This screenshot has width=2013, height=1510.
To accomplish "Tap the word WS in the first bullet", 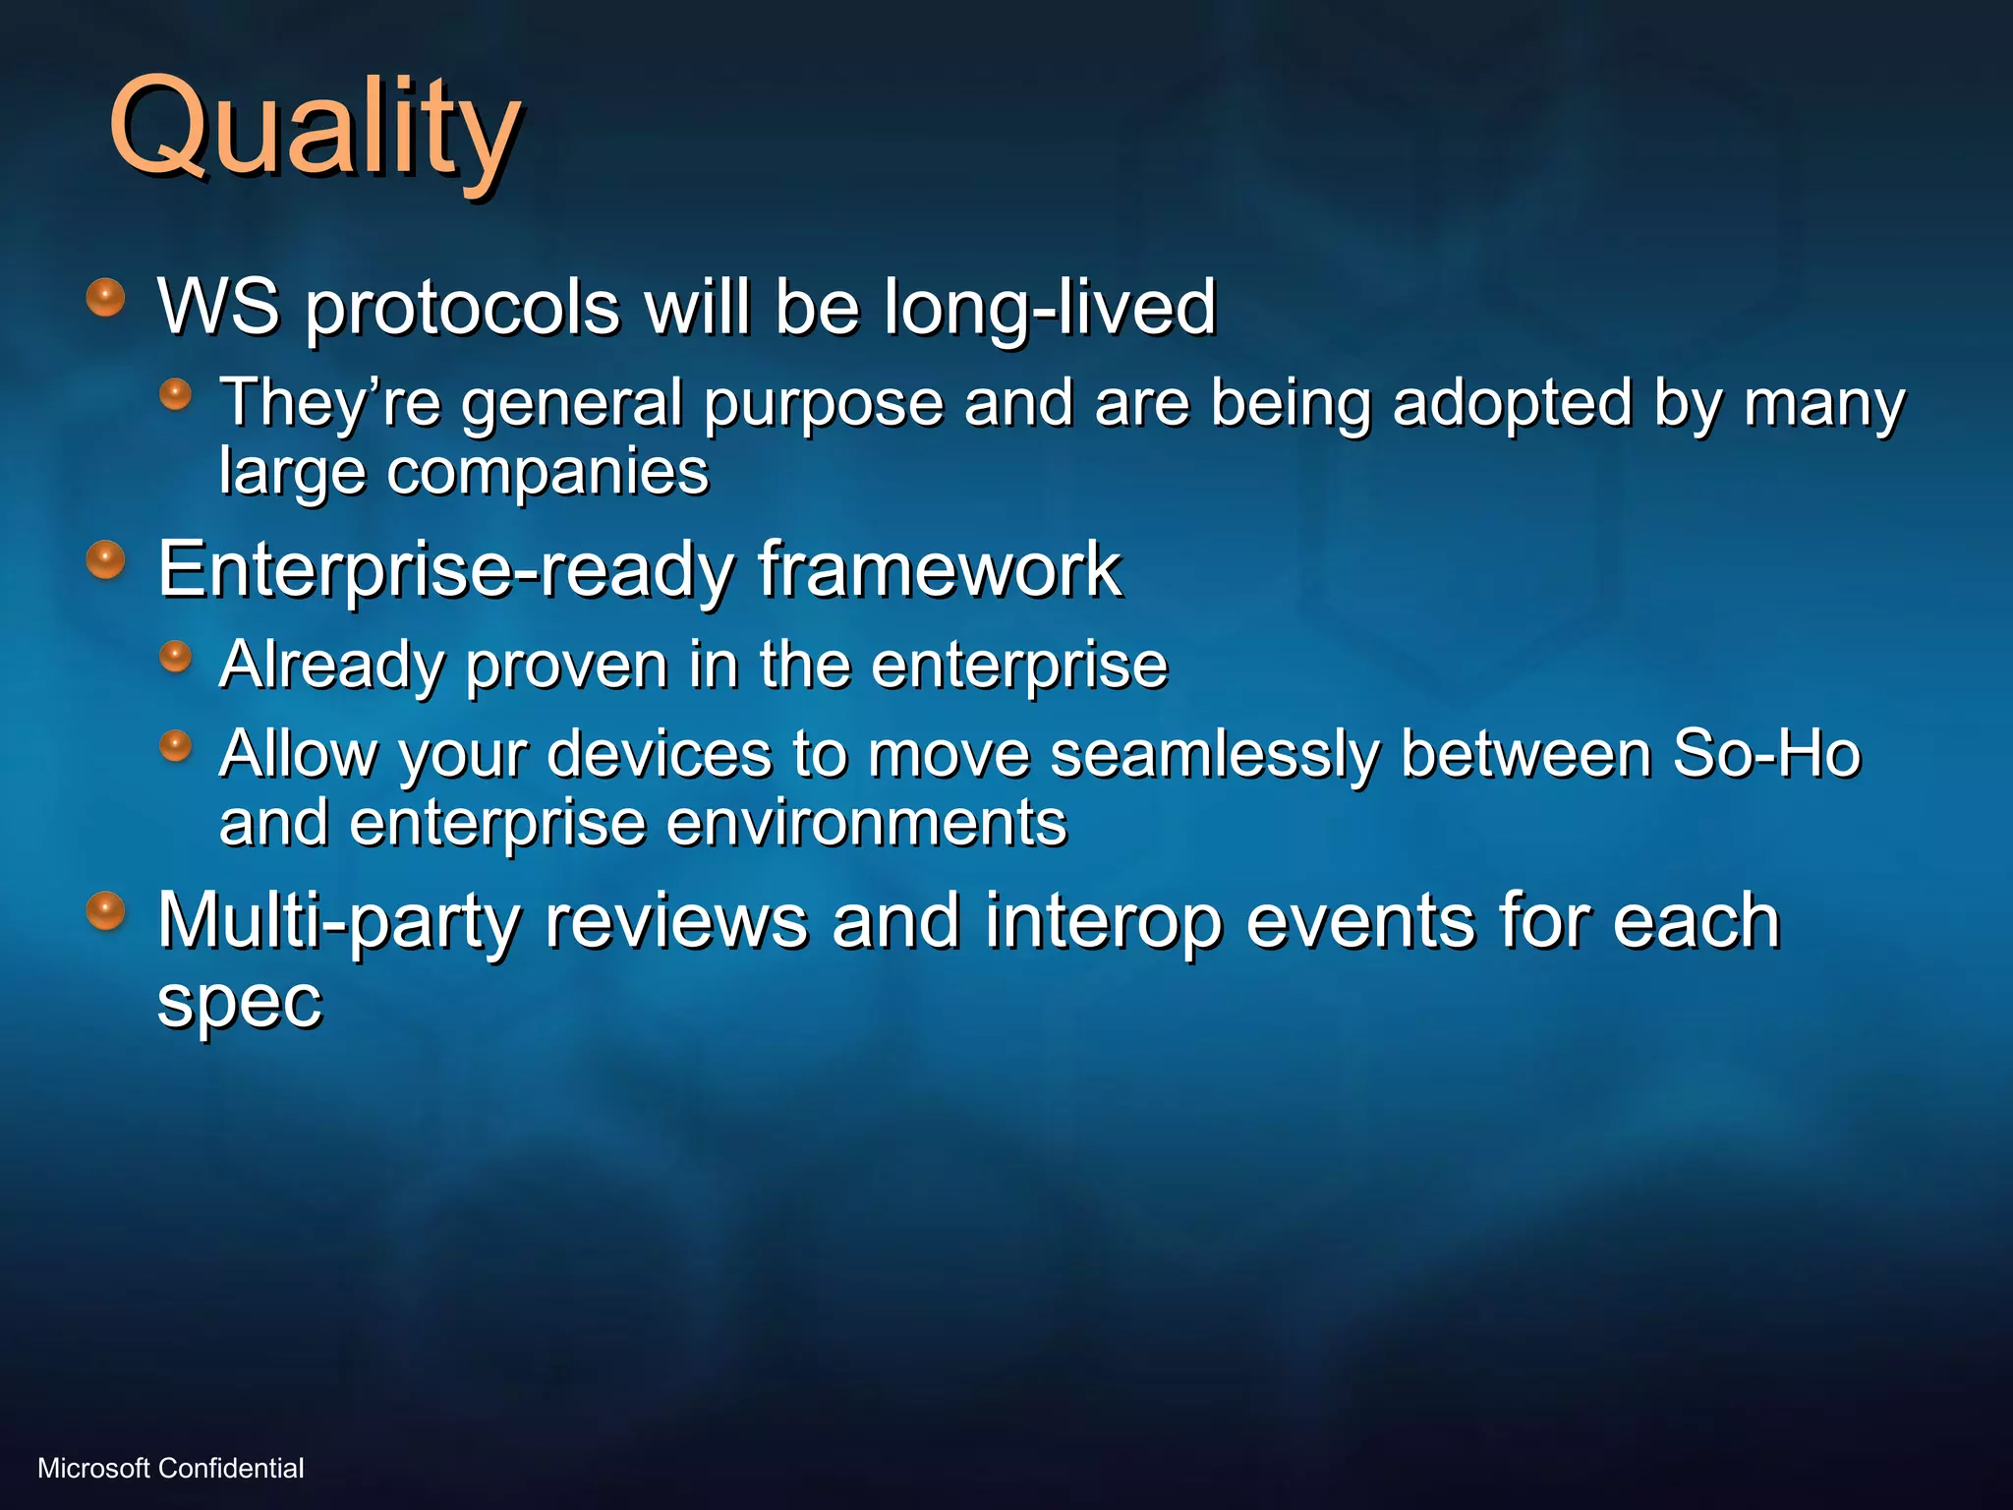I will point(218,306).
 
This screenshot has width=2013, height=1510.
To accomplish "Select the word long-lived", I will point(1049,306).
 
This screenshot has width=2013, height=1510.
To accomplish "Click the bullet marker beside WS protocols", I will point(105,297).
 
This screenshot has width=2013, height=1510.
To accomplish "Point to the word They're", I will point(329,402).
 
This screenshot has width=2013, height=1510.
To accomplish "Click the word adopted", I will point(1512,402).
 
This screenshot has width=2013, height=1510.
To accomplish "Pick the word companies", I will point(546,472).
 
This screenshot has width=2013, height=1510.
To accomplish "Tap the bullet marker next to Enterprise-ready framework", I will point(105,560).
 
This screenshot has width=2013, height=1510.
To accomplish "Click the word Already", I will point(332,665).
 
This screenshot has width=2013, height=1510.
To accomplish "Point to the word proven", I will point(566,665).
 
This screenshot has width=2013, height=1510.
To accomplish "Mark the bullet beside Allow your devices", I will point(175,745).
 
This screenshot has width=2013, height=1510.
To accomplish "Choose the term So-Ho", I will point(1766,754).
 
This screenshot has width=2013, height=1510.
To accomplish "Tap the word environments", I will point(866,822).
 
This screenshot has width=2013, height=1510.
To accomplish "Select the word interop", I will point(1103,921).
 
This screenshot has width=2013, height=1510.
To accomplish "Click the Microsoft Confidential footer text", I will point(170,1468).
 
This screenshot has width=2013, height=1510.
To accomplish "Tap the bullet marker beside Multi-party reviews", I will point(105,910).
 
